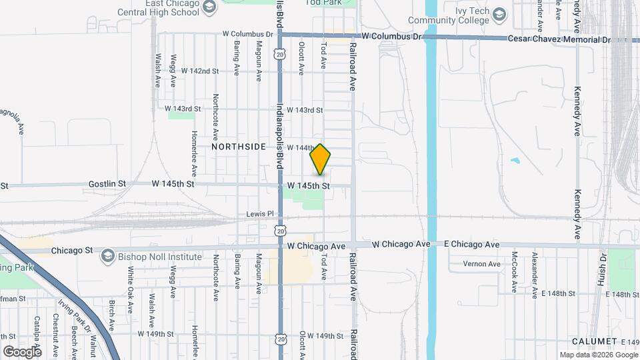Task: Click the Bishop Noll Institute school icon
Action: [107, 257]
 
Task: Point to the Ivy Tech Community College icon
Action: [499, 13]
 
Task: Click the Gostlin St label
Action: [107, 183]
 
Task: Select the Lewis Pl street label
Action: [260, 214]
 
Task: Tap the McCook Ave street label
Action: [514, 271]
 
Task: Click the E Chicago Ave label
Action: [472, 245]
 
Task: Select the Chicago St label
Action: [73, 251]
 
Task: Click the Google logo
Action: [22, 351]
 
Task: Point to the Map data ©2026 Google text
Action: [598, 355]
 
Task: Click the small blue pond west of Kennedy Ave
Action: [514, 161]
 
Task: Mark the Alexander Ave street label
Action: [534, 275]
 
